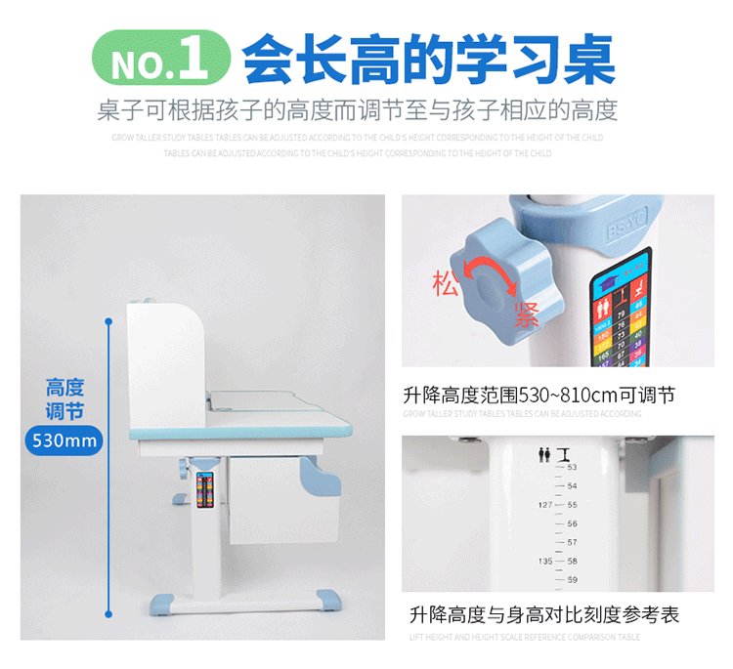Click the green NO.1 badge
point(161,59)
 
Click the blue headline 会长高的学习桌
point(429,60)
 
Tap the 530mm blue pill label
point(65,440)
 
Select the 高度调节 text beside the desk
point(65,398)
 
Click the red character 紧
point(528,315)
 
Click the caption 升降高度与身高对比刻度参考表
point(544,615)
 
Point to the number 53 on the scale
point(573,467)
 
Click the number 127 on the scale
point(544,505)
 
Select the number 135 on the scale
point(544,562)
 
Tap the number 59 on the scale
point(573,580)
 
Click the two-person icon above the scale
point(544,454)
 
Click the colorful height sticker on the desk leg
point(204,488)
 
